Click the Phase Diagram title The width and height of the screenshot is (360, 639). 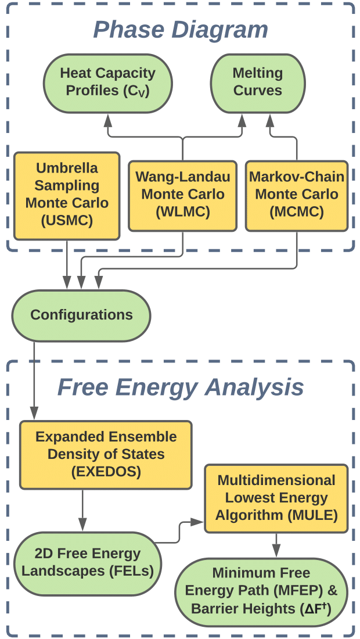(181, 30)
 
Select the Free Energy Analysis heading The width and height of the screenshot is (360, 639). (181, 387)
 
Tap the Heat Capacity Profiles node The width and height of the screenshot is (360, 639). (108, 82)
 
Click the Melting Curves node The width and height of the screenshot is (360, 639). (257, 82)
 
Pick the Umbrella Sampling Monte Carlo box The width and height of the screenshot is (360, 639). (67, 196)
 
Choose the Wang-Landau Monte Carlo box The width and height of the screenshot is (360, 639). (182, 196)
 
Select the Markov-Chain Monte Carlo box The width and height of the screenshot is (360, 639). (297, 196)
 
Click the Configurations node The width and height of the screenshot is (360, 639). (82, 315)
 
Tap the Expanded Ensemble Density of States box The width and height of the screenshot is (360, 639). (106, 454)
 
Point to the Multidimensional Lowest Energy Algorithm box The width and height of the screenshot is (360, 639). (276, 498)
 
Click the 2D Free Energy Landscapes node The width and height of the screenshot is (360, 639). (87, 562)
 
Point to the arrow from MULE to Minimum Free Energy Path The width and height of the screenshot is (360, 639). (276, 545)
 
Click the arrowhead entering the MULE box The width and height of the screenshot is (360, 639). (200, 521)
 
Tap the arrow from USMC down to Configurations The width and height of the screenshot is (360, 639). (67, 264)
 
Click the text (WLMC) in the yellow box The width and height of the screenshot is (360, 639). (182, 212)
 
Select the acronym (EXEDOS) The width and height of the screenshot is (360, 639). (106, 472)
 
